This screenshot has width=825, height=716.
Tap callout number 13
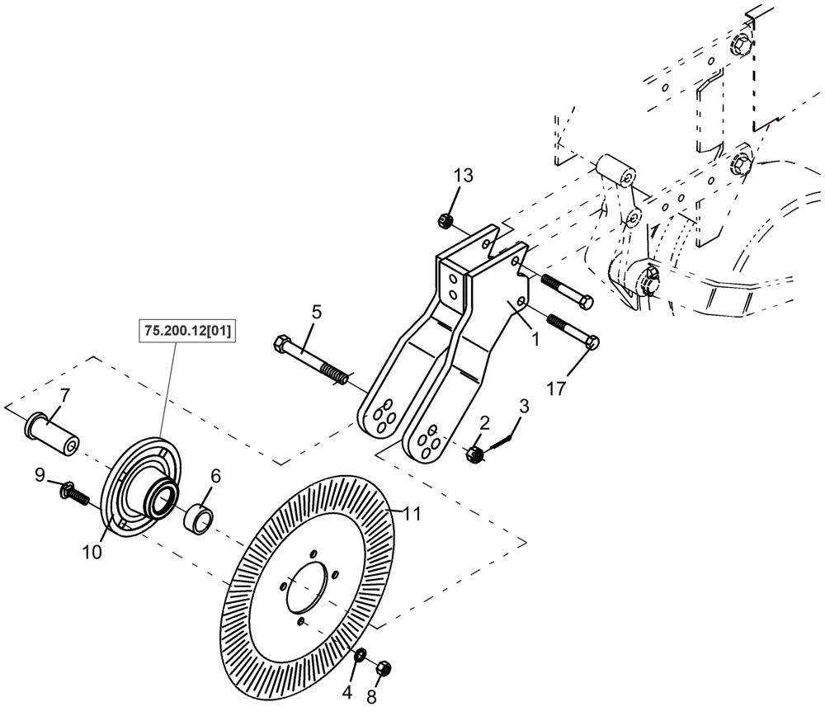[464, 176]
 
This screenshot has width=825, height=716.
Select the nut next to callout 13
[444, 219]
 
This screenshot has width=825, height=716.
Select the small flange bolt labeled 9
[74, 493]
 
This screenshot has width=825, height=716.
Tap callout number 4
[347, 692]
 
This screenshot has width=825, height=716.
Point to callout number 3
[523, 406]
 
